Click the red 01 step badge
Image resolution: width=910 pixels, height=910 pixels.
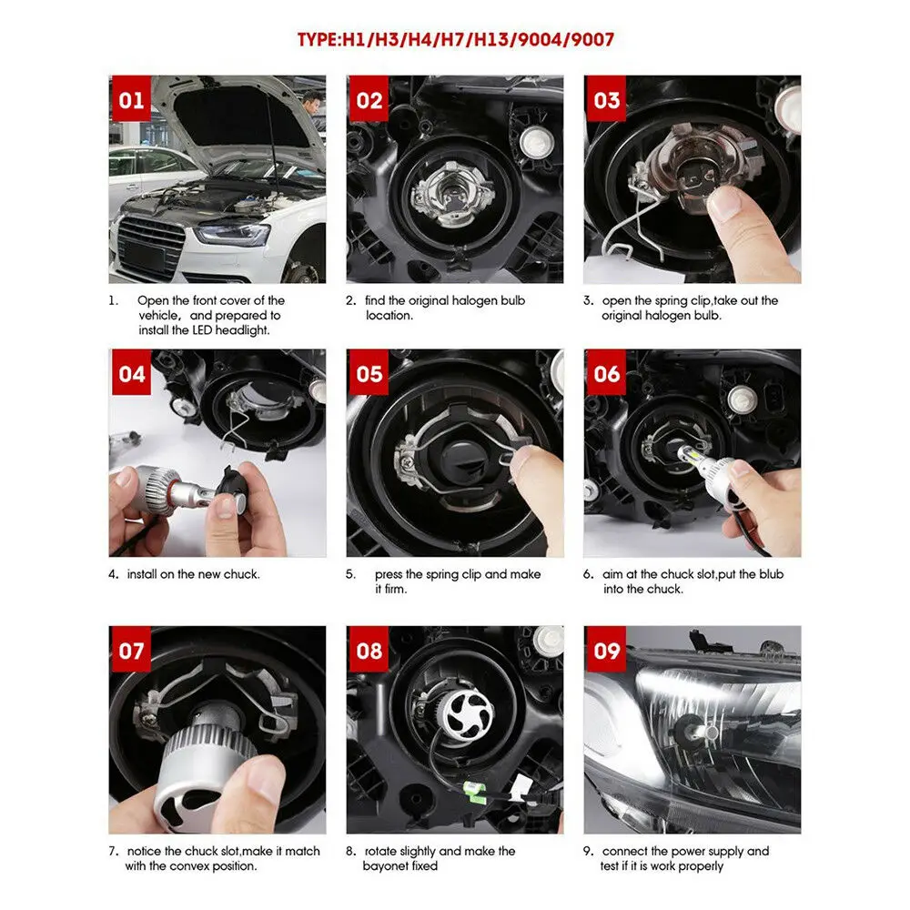pyautogui.click(x=131, y=98)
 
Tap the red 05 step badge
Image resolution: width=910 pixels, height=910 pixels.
pyautogui.click(x=369, y=372)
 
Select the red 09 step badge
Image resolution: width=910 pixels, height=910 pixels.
pyautogui.click(x=606, y=650)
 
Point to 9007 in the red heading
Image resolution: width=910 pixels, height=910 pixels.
pyautogui.click(x=592, y=39)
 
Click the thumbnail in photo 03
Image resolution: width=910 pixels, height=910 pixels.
pyautogui.click(x=724, y=204)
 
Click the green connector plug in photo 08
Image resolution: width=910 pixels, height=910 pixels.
pyautogui.click(x=474, y=792)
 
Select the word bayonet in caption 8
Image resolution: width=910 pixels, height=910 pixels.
pyautogui.click(x=386, y=866)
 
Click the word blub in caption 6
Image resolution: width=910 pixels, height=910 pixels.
pyautogui.click(x=772, y=574)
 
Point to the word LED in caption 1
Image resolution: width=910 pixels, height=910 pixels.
pyautogui.click(x=202, y=329)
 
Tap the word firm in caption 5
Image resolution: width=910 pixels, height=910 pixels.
pyautogui.click(x=395, y=589)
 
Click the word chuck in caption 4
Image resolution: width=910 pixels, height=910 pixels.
pyautogui.click(x=241, y=574)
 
